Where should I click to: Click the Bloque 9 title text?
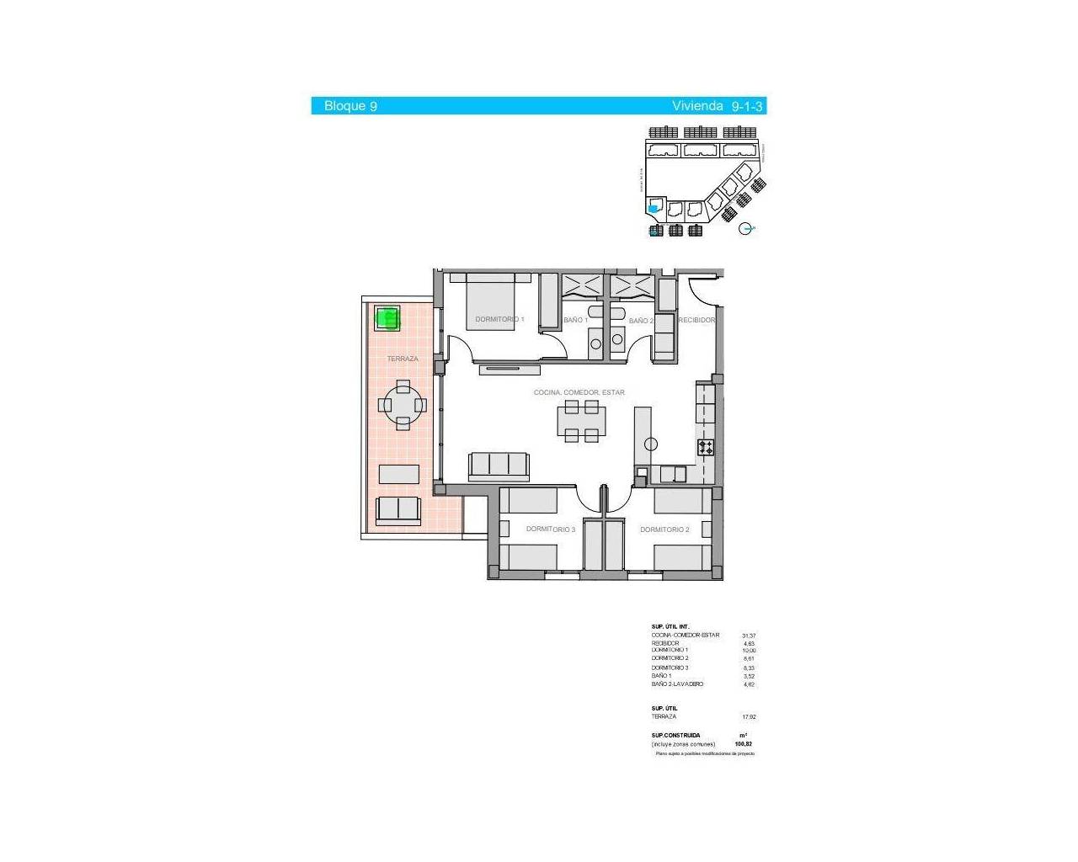(350, 106)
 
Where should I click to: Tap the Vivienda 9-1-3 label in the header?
(717, 106)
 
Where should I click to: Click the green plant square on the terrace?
(387, 318)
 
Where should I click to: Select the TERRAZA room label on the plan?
(403, 359)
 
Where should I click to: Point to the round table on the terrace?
(403, 405)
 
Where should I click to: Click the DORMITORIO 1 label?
(499, 320)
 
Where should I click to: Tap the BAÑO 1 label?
(575, 321)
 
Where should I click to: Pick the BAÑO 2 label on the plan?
(640, 321)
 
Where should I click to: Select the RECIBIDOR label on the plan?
(696, 321)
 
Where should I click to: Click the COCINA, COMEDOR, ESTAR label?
(579, 393)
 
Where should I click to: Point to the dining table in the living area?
(581, 420)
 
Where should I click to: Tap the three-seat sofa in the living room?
(499, 465)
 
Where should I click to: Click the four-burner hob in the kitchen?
(706, 448)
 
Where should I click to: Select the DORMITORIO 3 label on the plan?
(551, 529)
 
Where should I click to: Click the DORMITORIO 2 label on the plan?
(664, 529)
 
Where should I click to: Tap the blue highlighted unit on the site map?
(653, 209)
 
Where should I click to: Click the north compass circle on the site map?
(744, 228)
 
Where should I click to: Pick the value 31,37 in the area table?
(749, 636)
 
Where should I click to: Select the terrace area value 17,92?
(749, 717)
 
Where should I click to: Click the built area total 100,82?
(743, 744)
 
